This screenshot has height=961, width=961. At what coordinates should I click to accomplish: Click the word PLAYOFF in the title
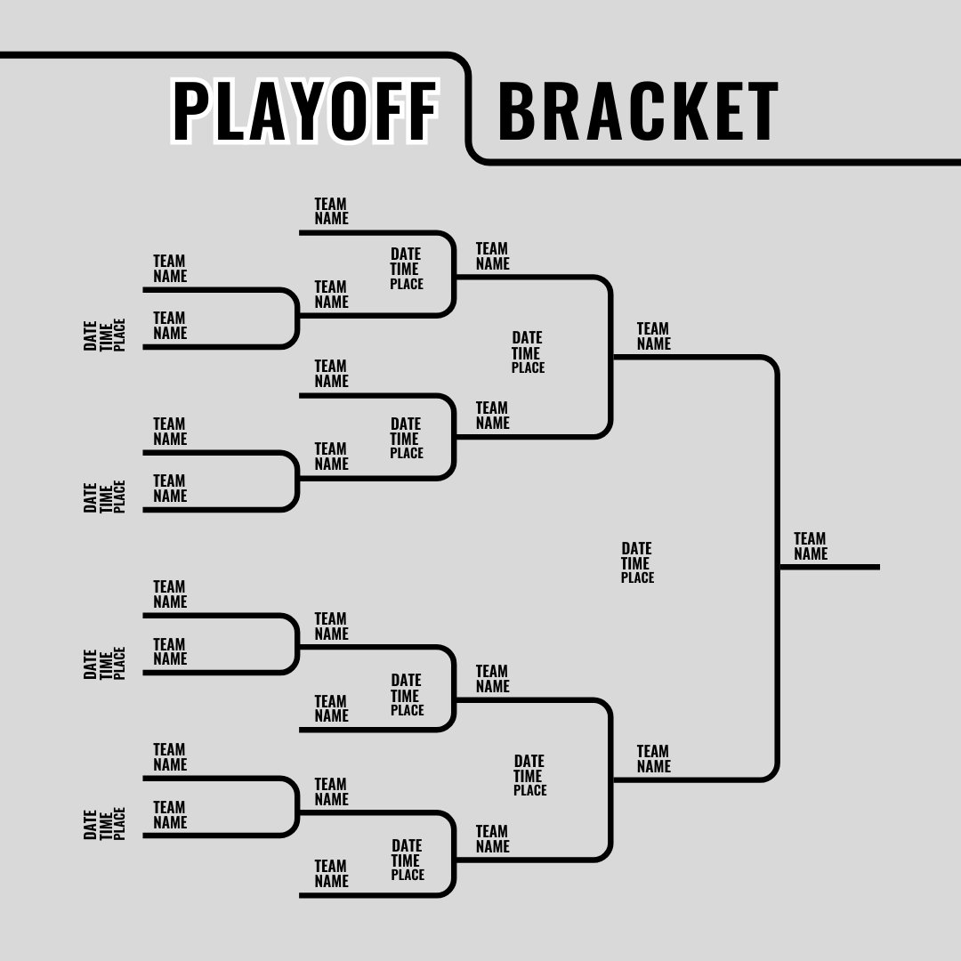coord(305,112)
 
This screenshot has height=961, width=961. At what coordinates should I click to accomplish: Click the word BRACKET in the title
coord(637,112)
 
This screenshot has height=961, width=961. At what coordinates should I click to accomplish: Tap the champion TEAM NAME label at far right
coord(810,545)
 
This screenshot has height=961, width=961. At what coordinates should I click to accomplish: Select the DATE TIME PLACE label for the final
coord(637,562)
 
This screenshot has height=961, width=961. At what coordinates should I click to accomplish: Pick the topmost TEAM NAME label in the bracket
coord(331,211)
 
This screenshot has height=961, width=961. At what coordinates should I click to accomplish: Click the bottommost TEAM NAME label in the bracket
coord(331,873)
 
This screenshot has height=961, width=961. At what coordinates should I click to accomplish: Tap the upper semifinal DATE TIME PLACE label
coord(527,352)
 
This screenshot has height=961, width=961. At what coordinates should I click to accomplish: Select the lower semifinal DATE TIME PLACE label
coord(529,775)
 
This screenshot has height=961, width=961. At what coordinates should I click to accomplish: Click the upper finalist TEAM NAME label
coord(653,336)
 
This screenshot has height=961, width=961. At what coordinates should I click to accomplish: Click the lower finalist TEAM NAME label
coord(653,759)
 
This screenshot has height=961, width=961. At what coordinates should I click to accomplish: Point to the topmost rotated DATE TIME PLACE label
coord(105,335)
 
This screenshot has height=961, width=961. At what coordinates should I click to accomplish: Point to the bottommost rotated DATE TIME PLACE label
coord(105,823)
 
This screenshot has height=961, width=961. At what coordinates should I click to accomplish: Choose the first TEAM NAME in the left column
coord(169,268)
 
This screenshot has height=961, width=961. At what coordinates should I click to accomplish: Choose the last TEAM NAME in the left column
coord(169,814)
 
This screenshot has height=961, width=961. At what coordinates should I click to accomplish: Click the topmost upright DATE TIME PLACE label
coord(406,269)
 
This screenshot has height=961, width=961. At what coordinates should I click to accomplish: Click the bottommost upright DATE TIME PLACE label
coord(407,860)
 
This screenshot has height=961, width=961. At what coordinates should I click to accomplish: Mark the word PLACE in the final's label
coord(637,577)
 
